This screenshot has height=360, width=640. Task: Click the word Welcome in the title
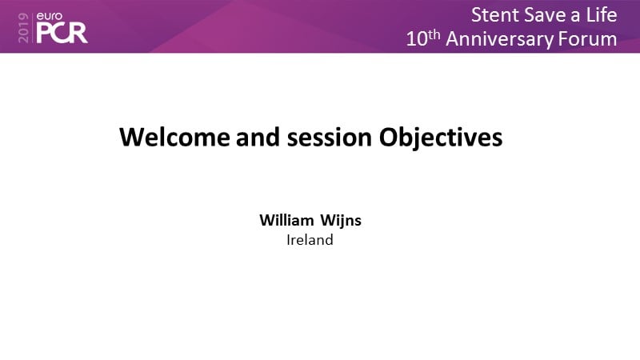point(174,137)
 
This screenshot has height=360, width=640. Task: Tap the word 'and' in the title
point(258,137)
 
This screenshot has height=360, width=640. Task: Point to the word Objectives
point(441,138)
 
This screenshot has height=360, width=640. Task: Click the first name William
point(286,220)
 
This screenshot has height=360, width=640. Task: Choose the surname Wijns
point(341,221)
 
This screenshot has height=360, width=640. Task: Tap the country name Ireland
point(310,239)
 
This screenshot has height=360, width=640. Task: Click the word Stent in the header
point(494,15)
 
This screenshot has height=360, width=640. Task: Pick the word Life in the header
point(602,15)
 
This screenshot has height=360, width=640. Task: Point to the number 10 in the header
point(417,39)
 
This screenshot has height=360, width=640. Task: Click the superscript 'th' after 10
point(434,34)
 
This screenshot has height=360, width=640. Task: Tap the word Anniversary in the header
point(499,39)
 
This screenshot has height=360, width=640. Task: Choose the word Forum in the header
point(587,39)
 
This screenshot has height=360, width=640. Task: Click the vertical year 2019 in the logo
point(24,28)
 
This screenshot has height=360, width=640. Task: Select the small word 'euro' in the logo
point(50,16)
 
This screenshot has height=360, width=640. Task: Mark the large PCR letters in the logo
point(62,33)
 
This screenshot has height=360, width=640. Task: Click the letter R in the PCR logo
point(78,33)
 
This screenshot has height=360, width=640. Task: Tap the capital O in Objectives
point(389,137)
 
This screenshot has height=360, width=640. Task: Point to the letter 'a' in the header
point(576,17)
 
